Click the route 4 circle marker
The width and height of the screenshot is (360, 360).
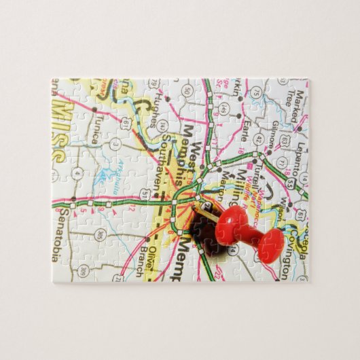coord(77,172)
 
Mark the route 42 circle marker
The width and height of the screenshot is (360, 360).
coord(259,139)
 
